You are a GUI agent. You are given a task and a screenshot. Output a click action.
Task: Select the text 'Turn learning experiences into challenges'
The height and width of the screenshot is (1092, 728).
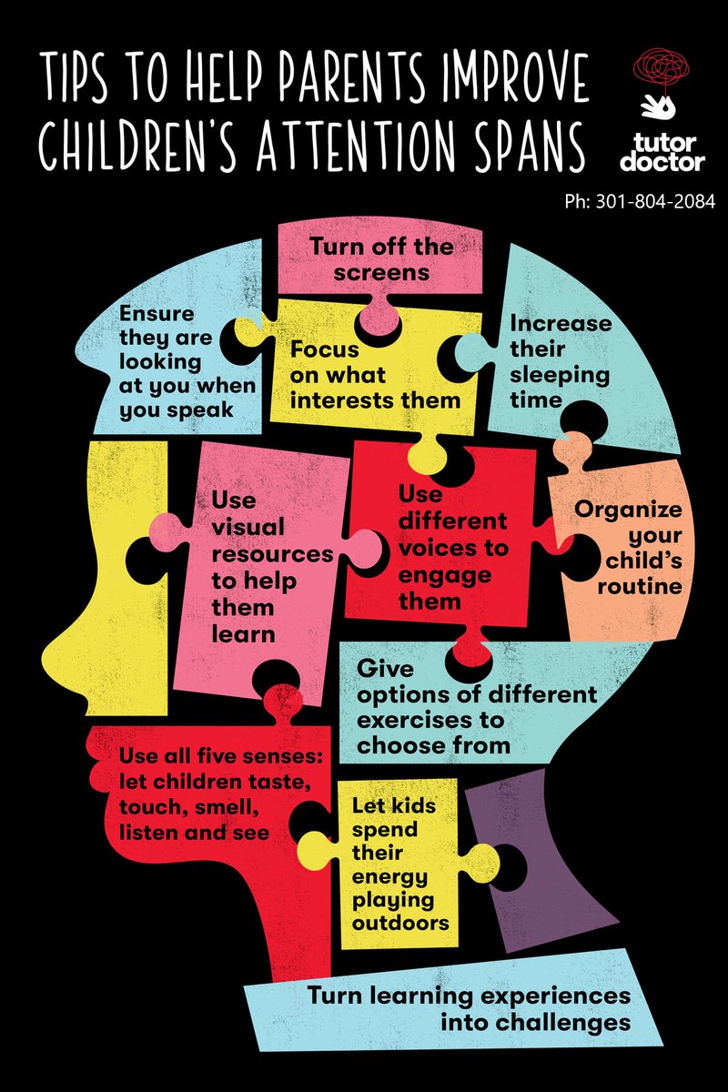tap(468, 1008)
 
